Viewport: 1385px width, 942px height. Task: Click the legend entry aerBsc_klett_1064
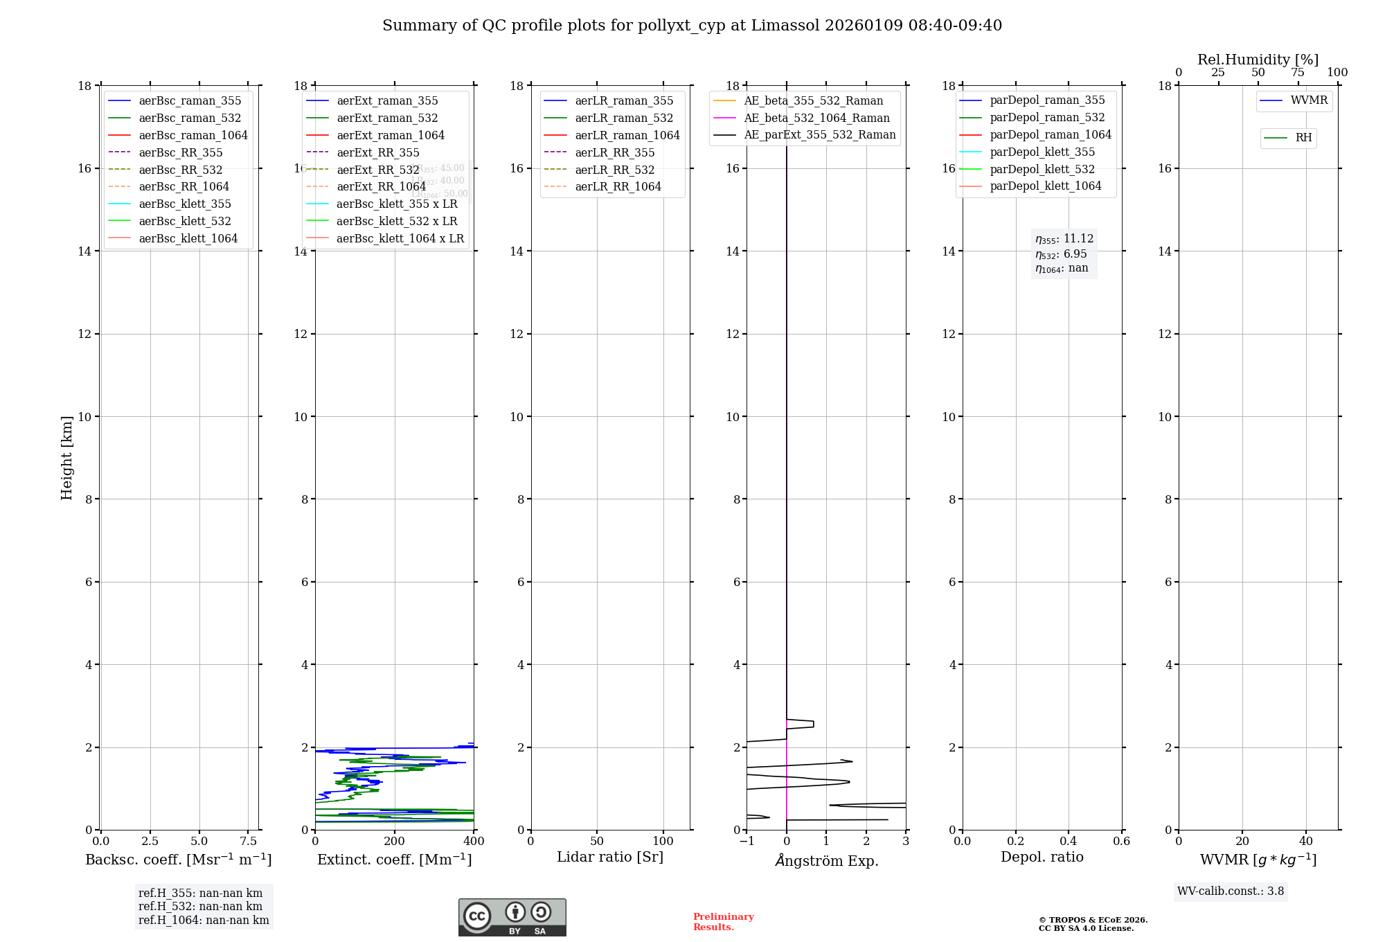pos(188,238)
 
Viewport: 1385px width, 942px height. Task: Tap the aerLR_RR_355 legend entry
pos(614,152)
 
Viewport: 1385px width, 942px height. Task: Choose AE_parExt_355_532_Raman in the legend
pos(819,134)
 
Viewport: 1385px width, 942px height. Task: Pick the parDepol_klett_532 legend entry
pos(1042,169)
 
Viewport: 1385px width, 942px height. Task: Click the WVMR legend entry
pos(1309,100)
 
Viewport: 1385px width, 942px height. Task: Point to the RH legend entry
pos(1303,138)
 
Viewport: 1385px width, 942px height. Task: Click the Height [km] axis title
pos(66,457)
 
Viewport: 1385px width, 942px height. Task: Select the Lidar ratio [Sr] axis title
pos(610,857)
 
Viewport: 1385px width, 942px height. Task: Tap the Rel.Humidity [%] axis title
pos(1258,60)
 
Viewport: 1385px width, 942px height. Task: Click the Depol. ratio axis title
pos(1042,857)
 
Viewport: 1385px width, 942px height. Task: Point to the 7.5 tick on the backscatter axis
pos(249,841)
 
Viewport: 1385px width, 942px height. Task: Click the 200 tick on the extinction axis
pos(394,841)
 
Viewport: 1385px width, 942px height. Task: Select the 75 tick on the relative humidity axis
pos(1298,73)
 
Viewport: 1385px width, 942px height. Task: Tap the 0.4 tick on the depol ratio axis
pos(1069,841)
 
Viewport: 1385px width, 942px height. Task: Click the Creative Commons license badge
pos(512,917)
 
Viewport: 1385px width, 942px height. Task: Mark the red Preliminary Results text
pos(723,922)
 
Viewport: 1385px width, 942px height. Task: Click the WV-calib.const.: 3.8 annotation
pos(1230,891)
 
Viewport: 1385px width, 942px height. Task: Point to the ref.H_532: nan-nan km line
pos(200,906)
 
